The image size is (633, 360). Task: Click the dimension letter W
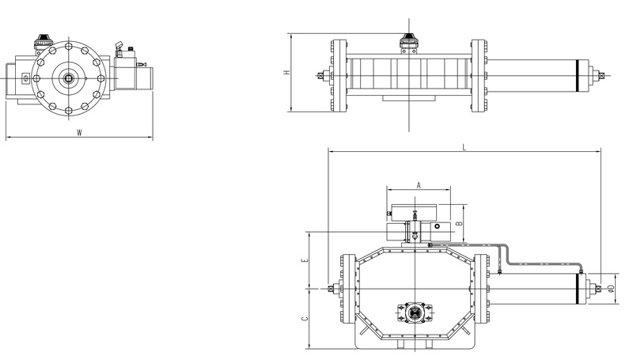[x=79, y=132]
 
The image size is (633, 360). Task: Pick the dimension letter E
[x=306, y=260]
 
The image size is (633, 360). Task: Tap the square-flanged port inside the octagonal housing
[x=413, y=314]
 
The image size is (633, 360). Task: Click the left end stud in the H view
[x=320, y=77]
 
